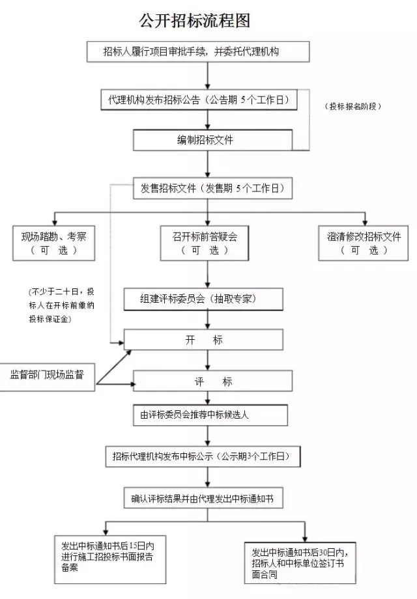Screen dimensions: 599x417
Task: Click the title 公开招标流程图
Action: pyautogui.click(x=194, y=21)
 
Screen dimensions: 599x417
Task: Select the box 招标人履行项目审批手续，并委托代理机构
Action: pyautogui.click(x=194, y=51)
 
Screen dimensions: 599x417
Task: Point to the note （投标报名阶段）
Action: pyautogui.click(x=352, y=105)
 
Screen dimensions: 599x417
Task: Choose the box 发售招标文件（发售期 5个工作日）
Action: pyautogui.click(x=212, y=189)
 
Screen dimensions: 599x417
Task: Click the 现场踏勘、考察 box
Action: pyautogui.click(x=53, y=243)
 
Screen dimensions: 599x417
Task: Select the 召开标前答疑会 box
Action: pyautogui.click(x=205, y=243)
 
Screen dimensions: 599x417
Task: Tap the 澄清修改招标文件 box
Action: pyautogui.click(x=364, y=243)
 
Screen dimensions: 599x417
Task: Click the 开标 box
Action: pyautogui.click(x=203, y=340)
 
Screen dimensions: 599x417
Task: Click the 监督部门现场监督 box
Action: pyautogui.click(x=47, y=375)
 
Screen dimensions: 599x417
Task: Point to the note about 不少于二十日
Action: pyautogui.click(x=61, y=305)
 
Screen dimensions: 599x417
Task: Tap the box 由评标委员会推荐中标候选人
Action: pyautogui.click(x=210, y=415)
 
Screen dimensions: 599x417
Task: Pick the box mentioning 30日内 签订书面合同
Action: pyautogui.click(x=300, y=561)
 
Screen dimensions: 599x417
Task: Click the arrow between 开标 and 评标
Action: pyautogui.click(x=207, y=360)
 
